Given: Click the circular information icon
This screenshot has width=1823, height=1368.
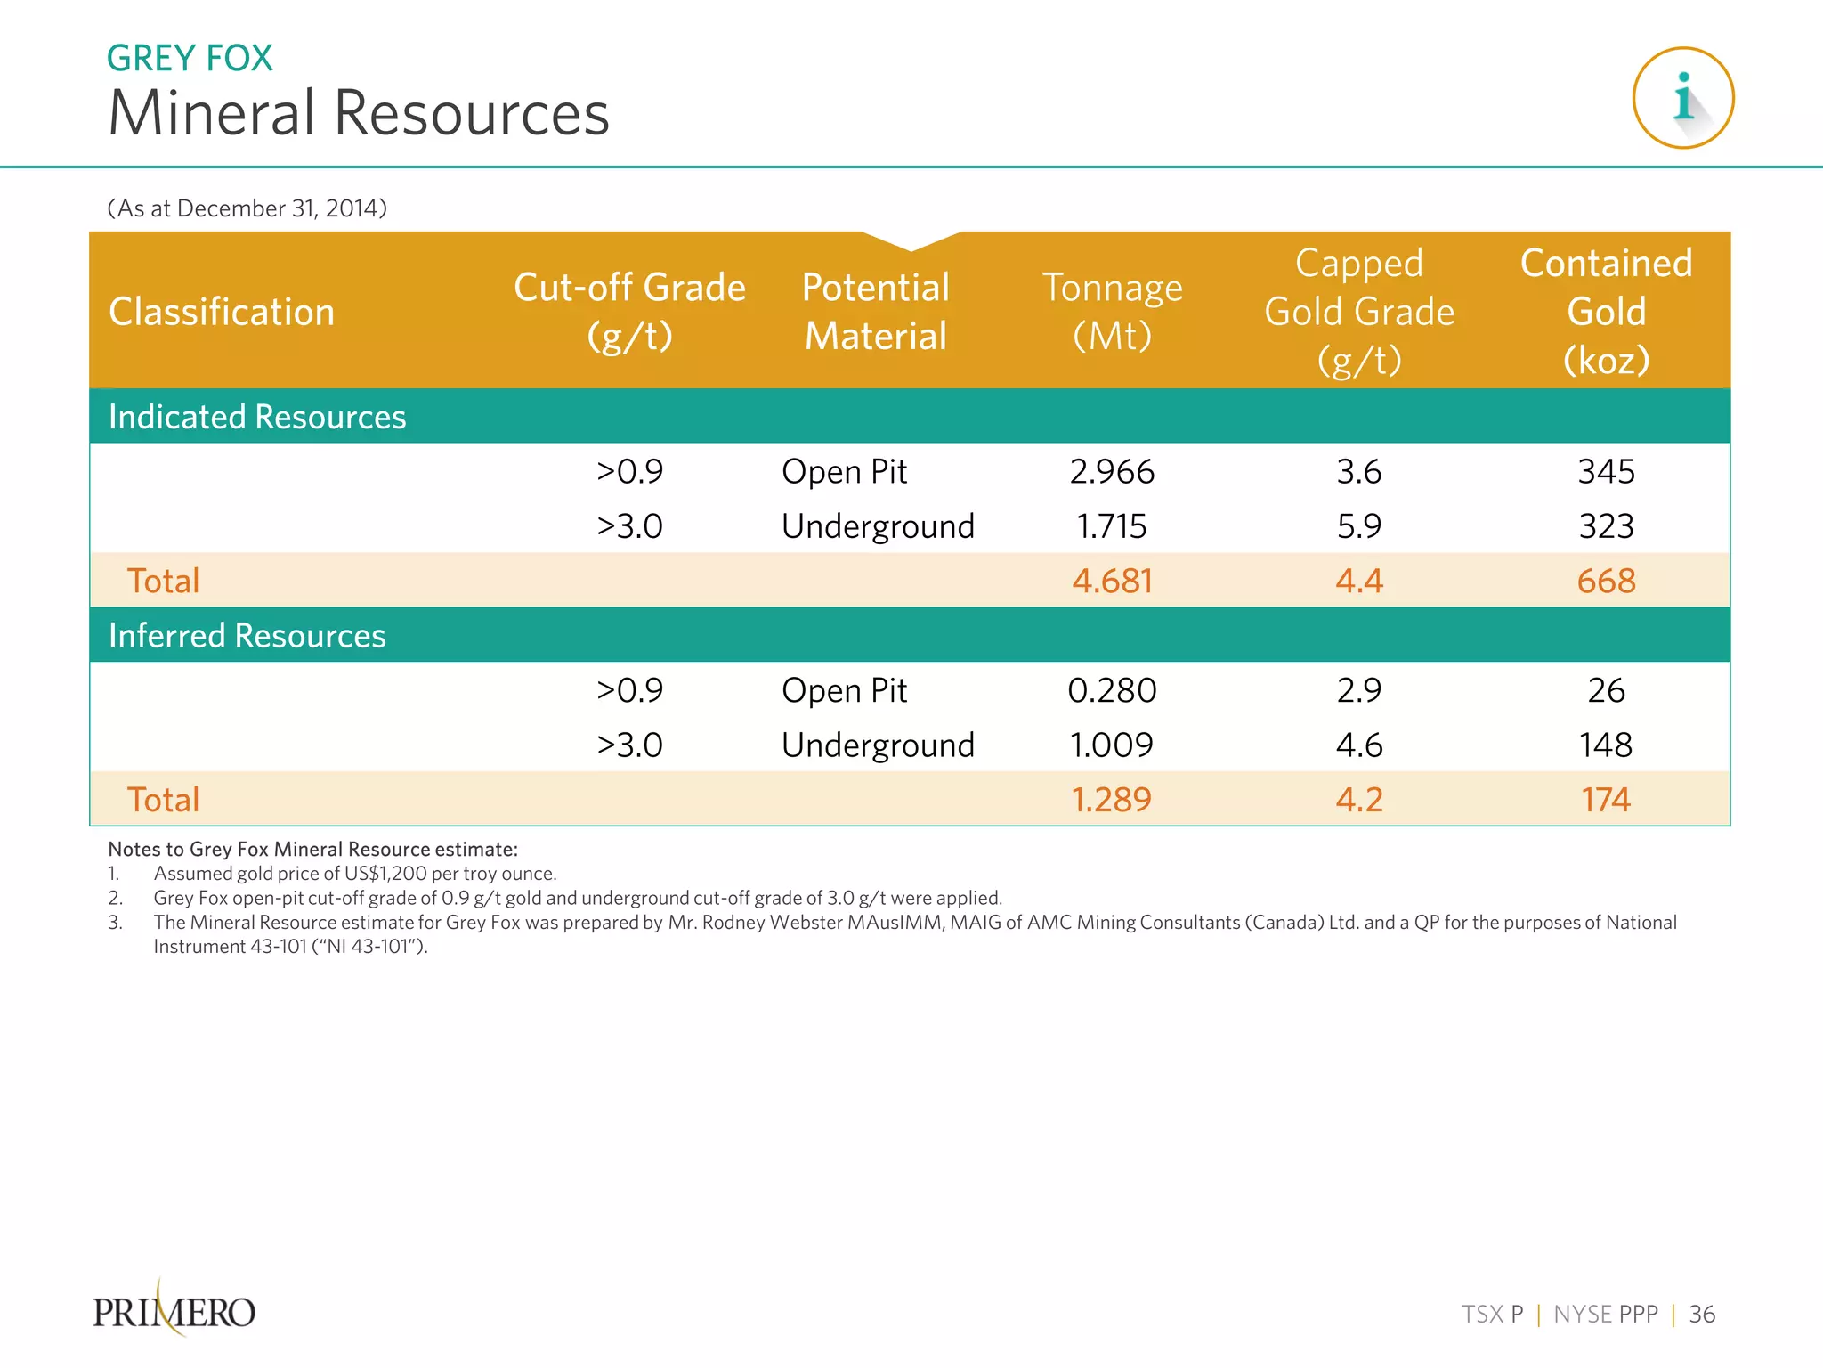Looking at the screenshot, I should pos(1682,98).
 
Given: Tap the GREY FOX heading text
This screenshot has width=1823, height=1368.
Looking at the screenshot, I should pos(190,58).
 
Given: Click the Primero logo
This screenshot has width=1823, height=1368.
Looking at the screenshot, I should pos(174,1311).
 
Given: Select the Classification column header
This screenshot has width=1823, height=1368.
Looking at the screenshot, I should pos(222,312).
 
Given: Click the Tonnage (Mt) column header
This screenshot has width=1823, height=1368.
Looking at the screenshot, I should pos(1112,312).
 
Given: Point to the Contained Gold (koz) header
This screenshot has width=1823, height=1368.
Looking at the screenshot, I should pos(1606,312).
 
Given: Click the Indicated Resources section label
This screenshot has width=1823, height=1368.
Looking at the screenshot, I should pos(257,417).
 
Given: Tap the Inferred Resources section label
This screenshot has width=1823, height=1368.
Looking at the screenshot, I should pos(247,636).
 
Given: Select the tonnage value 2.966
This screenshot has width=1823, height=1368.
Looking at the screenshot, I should pos(1112,472).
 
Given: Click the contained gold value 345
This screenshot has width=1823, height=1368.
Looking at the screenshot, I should pos(1606,472).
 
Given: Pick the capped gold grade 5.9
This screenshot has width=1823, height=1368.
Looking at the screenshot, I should pos(1358,526).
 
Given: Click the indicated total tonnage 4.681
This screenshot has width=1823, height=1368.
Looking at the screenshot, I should pos(1112,582).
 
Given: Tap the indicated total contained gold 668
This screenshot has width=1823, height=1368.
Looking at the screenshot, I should pos(1606,582).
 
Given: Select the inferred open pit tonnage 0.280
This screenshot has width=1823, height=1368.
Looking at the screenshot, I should pos(1112,691).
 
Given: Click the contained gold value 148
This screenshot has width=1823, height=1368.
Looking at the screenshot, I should pos(1605,745).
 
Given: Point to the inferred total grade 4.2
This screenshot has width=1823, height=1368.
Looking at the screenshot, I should pos(1358,800).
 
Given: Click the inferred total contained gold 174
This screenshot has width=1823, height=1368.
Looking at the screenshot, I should pos(1605,800).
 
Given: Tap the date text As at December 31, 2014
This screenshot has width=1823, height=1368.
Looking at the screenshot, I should pos(247,208).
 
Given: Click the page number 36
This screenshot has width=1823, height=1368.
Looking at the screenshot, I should pos(1702,1315).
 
